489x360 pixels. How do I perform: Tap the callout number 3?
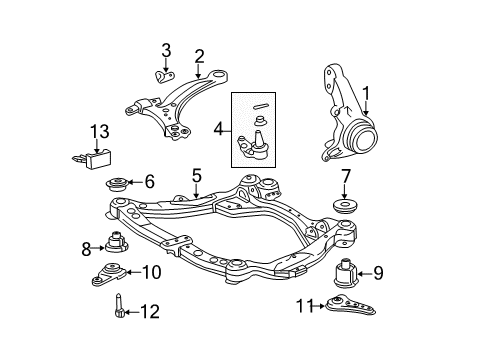tap(166, 51)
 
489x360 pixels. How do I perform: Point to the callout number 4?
tap(219, 128)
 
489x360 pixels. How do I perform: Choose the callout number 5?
tap(197, 175)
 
